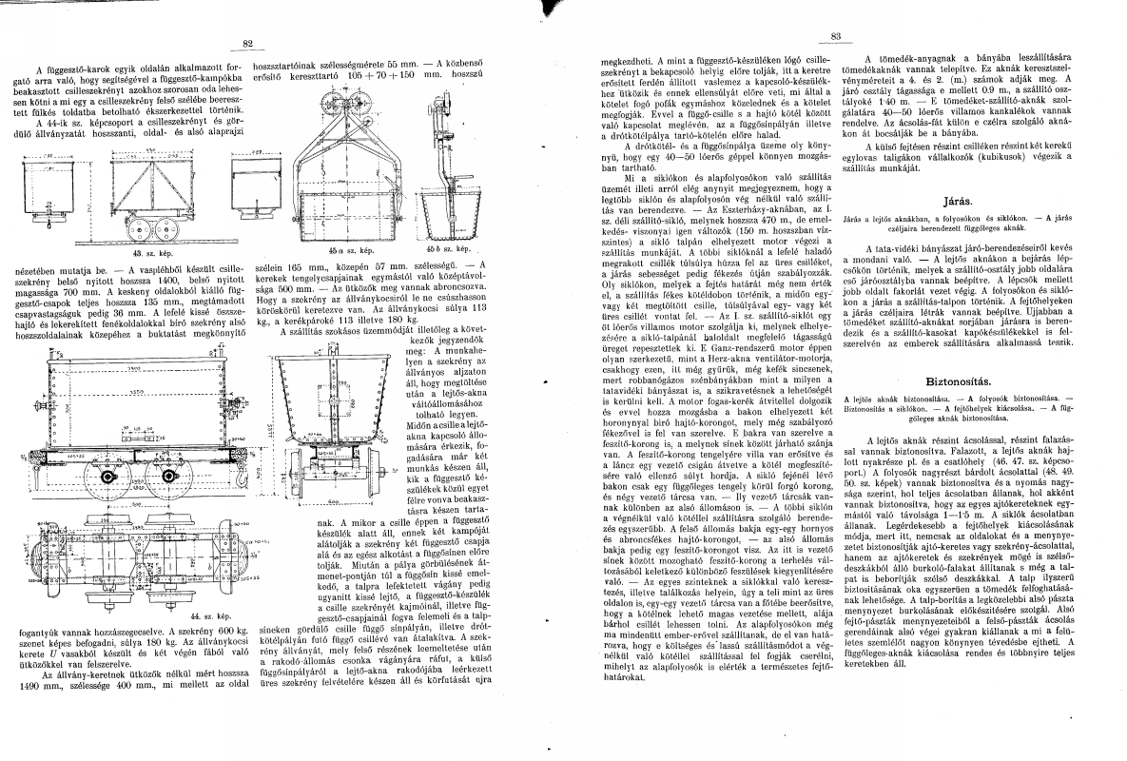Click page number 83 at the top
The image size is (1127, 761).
[837, 39]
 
